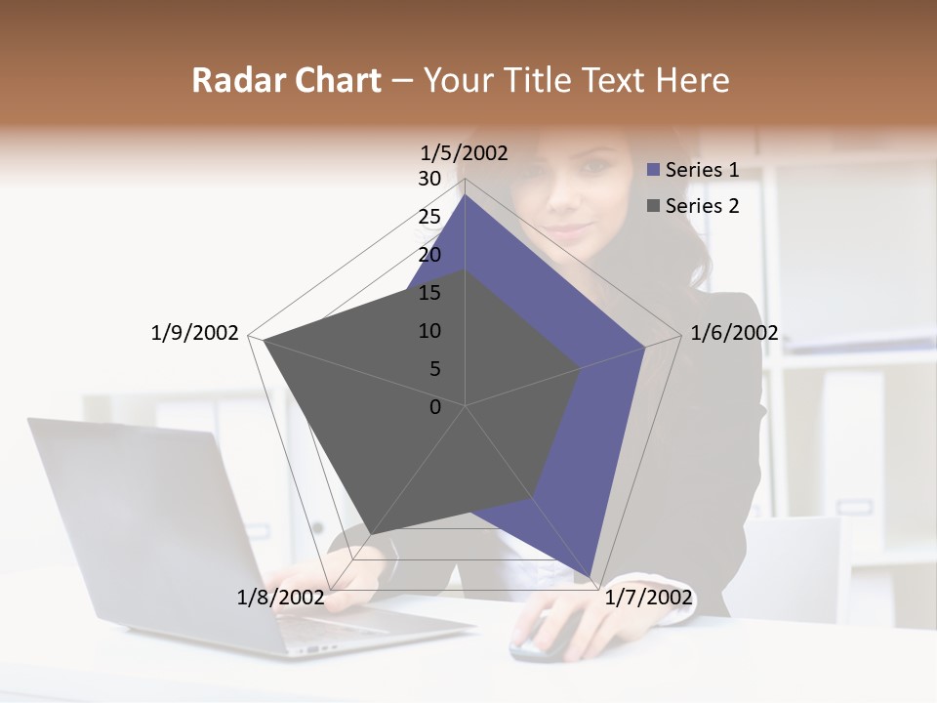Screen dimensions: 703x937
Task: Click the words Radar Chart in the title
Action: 286,80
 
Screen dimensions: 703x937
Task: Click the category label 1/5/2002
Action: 465,152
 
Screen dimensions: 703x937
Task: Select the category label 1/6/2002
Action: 734,333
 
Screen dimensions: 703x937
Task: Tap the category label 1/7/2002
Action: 648,597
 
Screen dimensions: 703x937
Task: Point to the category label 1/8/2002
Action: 280,597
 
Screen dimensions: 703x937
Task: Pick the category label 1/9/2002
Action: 195,333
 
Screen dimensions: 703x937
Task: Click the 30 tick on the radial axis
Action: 429,179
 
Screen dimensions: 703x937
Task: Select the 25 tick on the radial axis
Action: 429,217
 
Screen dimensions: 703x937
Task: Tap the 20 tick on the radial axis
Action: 429,255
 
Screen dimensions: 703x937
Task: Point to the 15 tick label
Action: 429,293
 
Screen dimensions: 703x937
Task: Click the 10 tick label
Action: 429,331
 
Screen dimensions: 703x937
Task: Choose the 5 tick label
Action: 434,369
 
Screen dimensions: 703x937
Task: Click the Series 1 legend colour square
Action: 654,170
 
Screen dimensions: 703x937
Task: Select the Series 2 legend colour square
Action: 654,206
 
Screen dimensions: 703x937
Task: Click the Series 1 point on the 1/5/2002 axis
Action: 466,194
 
